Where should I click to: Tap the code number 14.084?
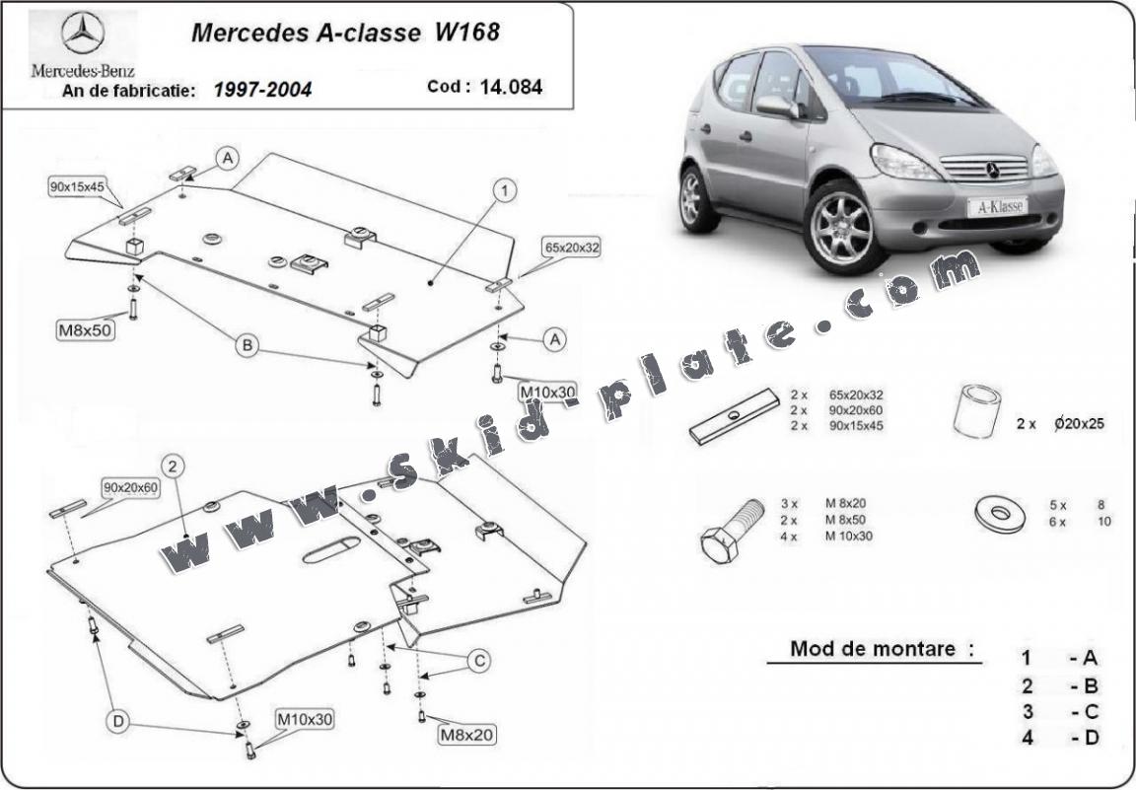coord(511,87)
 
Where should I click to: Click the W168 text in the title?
coord(466,32)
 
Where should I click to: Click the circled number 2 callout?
coord(173,466)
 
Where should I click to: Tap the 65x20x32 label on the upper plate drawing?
coord(571,248)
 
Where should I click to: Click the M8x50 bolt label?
coord(85,330)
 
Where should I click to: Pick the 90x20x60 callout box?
coord(130,487)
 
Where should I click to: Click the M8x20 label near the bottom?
coord(466,733)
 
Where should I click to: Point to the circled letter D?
coord(118,723)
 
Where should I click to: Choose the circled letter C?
coord(478,661)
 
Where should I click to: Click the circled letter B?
coord(246,344)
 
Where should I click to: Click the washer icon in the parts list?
coord(999,513)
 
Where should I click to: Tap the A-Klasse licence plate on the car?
coord(996,206)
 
